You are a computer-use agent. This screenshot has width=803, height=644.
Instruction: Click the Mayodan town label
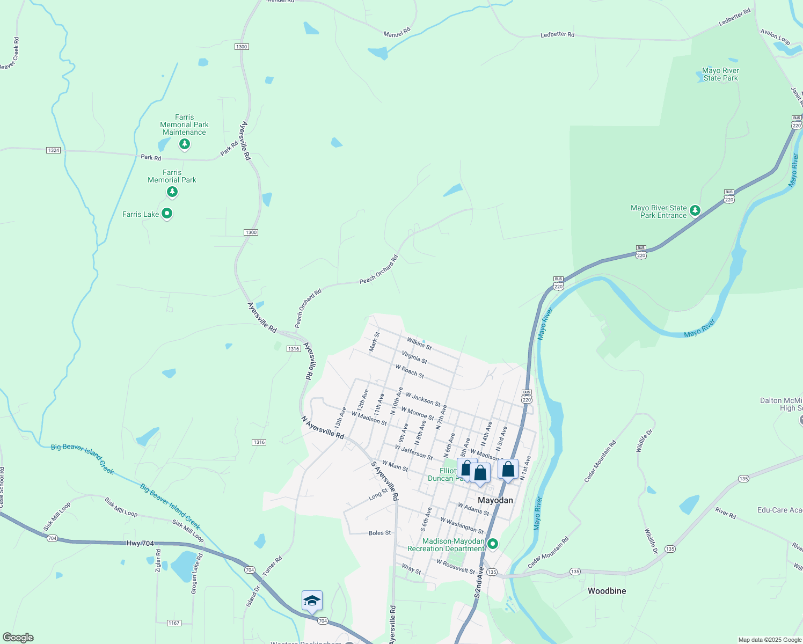click(495, 500)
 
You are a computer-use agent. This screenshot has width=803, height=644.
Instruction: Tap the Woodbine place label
click(607, 591)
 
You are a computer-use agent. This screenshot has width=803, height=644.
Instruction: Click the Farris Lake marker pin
click(167, 214)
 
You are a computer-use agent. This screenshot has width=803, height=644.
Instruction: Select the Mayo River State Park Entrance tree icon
click(695, 210)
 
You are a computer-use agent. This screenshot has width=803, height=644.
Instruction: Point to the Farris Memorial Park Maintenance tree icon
click(185, 144)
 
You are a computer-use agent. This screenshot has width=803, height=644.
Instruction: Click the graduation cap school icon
click(312, 601)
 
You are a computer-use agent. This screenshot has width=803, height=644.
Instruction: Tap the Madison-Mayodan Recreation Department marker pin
click(492, 544)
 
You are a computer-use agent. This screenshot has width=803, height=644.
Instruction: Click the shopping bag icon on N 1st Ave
click(508, 470)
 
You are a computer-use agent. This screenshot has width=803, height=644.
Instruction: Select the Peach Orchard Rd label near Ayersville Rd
click(308, 308)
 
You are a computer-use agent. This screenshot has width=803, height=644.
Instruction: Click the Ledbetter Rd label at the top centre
click(557, 35)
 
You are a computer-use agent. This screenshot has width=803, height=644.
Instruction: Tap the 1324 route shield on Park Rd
click(53, 150)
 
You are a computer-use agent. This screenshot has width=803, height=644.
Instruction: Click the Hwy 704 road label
click(140, 543)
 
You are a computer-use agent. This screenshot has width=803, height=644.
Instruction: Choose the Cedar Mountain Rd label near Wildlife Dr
click(601, 462)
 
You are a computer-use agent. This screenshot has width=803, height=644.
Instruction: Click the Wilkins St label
click(419, 343)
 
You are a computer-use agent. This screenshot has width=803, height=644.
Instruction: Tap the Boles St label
click(379, 533)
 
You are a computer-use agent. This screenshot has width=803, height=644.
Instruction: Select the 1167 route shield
click(174, 623)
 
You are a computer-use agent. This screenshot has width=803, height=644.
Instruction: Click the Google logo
click(18, 638)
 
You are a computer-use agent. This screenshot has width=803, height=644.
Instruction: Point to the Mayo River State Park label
click(720, 74)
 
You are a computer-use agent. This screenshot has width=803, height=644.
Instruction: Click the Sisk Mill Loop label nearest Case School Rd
click(57, 516)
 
